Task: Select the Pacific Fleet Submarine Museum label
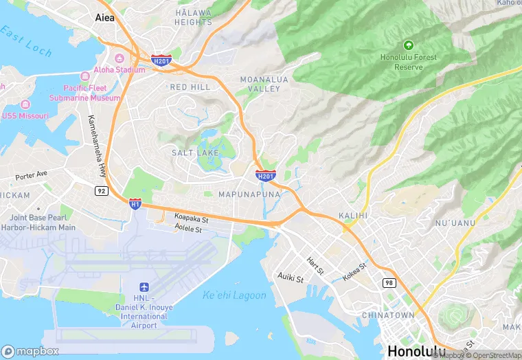(91, 93)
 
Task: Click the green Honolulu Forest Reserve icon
(409, 45)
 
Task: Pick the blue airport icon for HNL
(144, 286)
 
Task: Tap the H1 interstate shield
(135, 203)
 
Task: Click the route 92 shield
(100, 191)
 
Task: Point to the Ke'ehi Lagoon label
(234, 295)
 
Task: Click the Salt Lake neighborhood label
(195, 152)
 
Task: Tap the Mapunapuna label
(249, 194)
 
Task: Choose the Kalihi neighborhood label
(353, 216)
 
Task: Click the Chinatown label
(388, 315)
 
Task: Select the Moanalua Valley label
(260, 85)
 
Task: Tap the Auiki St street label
(291, 278)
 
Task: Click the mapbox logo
(30, 351)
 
